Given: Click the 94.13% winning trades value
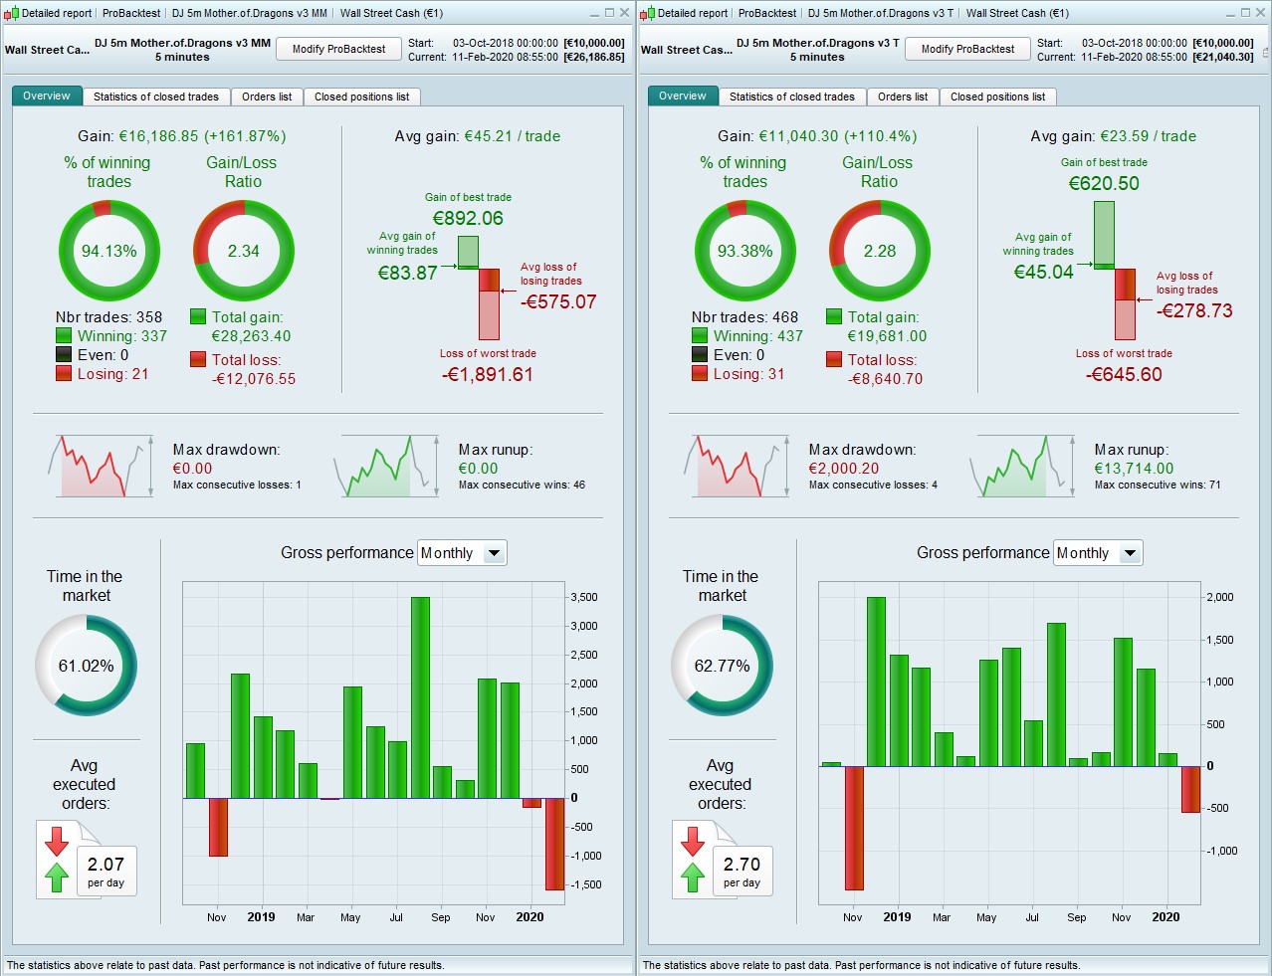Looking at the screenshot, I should (109, 251).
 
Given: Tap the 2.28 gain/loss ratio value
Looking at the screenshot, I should (880, 251).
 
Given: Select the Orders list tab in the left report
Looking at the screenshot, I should (267, 97).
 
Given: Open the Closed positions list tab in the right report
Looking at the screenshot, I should (997, 97).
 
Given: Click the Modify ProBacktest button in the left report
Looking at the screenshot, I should (338, 49).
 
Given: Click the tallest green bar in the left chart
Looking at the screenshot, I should (420, 696).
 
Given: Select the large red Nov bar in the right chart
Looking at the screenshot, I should (854, 828).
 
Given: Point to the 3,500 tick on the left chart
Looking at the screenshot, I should (584, 598).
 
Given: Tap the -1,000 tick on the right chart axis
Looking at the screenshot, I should (1221, 851).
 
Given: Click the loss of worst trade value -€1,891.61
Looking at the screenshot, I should (488, 375).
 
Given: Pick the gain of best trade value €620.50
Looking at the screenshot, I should (1104, 183).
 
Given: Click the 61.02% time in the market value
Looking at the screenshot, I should (86, 666).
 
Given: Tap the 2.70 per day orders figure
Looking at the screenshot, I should (742, 865).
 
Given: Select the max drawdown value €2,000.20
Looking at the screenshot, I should (843, 469).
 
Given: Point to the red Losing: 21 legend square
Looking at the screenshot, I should (64, 373).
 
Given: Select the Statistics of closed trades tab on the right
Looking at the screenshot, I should (791, 97).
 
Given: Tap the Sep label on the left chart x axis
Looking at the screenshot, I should (441, 917).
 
